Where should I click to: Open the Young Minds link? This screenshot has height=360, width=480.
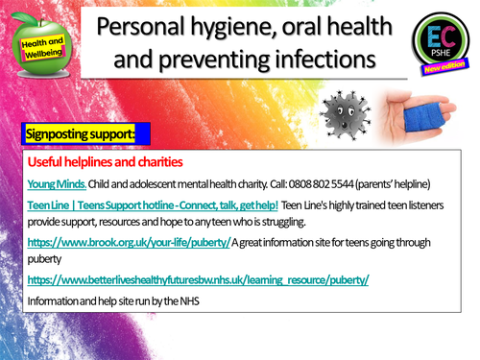pyautogui.click(x=57, y=183)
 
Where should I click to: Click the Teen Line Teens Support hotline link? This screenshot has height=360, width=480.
pyautogui.click(x=153, y=205)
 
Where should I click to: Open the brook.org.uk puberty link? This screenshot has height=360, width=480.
pyautogui.click(x=129, y=243)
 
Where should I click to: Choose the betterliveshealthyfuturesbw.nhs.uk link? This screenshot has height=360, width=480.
pyautogui.click(x=198, y=279)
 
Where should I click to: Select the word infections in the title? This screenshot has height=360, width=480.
pyautogui.click(x=323, y=60)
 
